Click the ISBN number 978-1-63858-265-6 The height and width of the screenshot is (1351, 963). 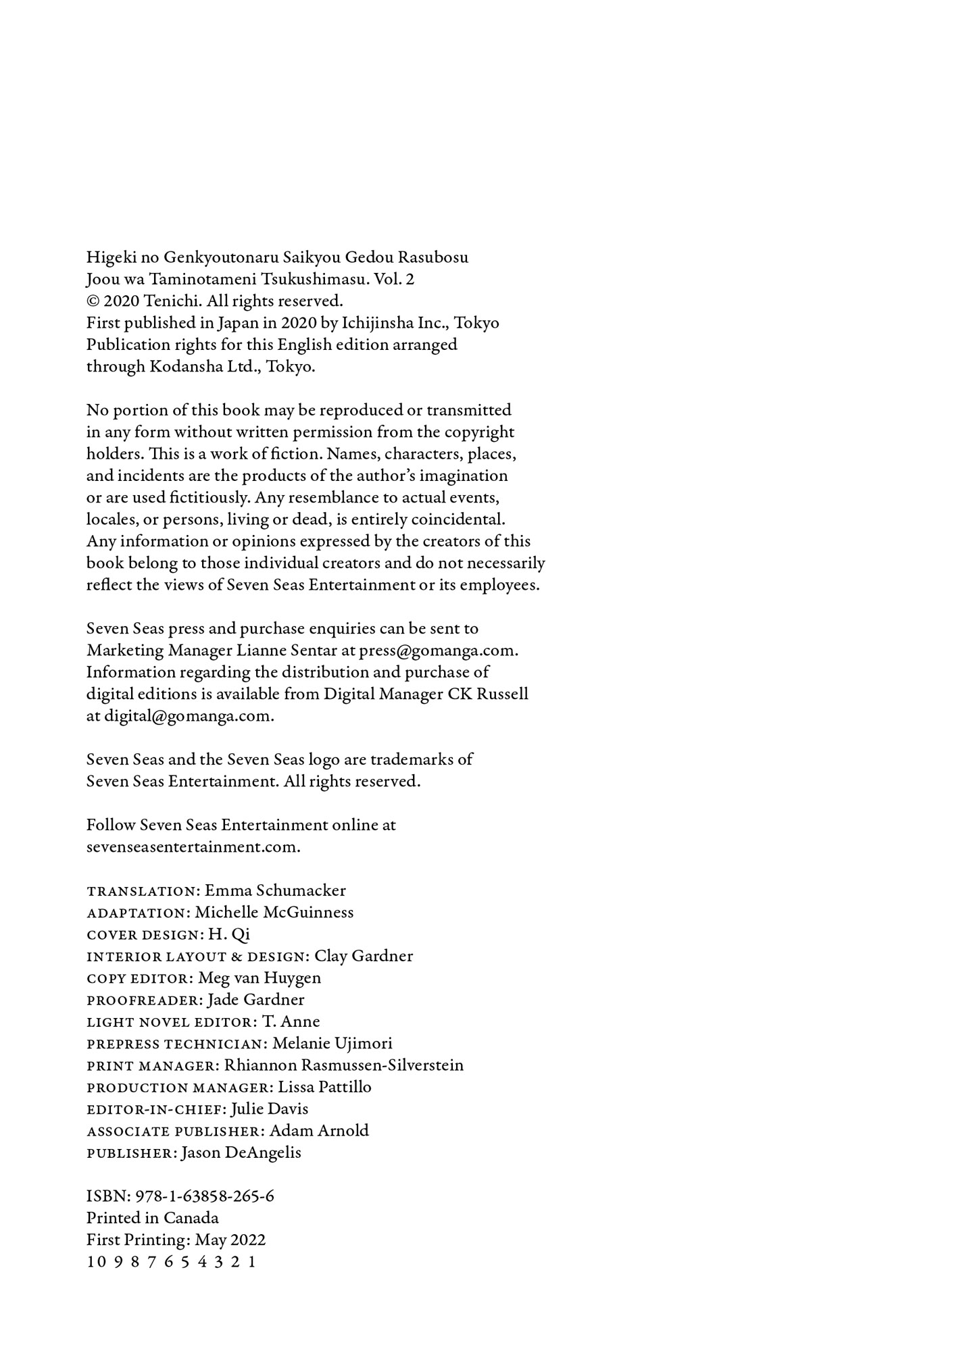(x=205, y=1196)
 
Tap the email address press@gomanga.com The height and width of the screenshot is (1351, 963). (x=438, y=651)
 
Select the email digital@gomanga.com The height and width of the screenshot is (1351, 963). (x=189, y=716)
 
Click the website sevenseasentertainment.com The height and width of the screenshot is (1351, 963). (x=193, y=847)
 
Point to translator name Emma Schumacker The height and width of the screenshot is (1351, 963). (x=275, y=890)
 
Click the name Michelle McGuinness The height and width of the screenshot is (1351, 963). (x=274, y=913)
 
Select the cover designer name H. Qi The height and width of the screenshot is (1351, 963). (x=229, y=934)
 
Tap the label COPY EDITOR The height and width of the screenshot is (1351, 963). (x=139, y=978)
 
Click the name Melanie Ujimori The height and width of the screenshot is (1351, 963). (x=332, y=1044)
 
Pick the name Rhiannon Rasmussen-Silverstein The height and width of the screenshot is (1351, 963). (x=344, y=1065)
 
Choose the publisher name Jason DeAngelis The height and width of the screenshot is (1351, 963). (x=241, y=1152)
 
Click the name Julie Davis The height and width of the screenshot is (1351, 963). (x=270, y=1109)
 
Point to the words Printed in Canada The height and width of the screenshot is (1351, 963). (x=153, y=1218)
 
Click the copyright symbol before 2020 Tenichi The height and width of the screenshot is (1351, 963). (x=93, y=301)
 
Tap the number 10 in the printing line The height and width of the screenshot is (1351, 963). (x=97, y=1262)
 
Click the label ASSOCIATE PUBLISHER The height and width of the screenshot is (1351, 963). (x=174, y=1131)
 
